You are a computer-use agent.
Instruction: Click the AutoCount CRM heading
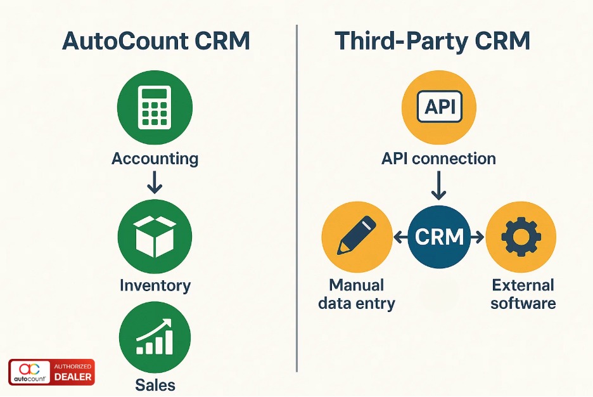point(155,41)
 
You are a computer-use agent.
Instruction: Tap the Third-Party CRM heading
point(433,41)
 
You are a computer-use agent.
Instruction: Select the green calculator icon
point(155,108)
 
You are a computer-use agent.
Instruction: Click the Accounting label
point(155,159)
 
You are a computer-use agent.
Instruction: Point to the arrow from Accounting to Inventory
point(155,183)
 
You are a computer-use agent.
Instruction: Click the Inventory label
point(155,285)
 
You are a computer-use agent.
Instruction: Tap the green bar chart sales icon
point(155,337)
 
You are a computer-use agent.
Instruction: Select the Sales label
point(155,384)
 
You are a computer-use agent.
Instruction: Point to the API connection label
point(438,159)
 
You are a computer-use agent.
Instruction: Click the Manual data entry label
point(357,294)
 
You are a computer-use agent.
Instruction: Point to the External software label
point(523,294)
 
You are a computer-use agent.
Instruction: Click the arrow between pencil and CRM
point(400,238)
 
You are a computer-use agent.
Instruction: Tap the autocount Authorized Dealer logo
point(51,372)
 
